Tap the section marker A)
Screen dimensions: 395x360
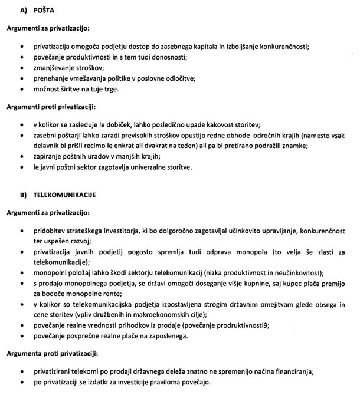pos(11,11)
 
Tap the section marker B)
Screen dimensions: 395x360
pos(11,193)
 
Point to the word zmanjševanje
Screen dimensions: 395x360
pos(57,68)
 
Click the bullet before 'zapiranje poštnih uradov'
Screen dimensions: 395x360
pos(22,157)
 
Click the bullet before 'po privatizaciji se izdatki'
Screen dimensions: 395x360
pos(22,383)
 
